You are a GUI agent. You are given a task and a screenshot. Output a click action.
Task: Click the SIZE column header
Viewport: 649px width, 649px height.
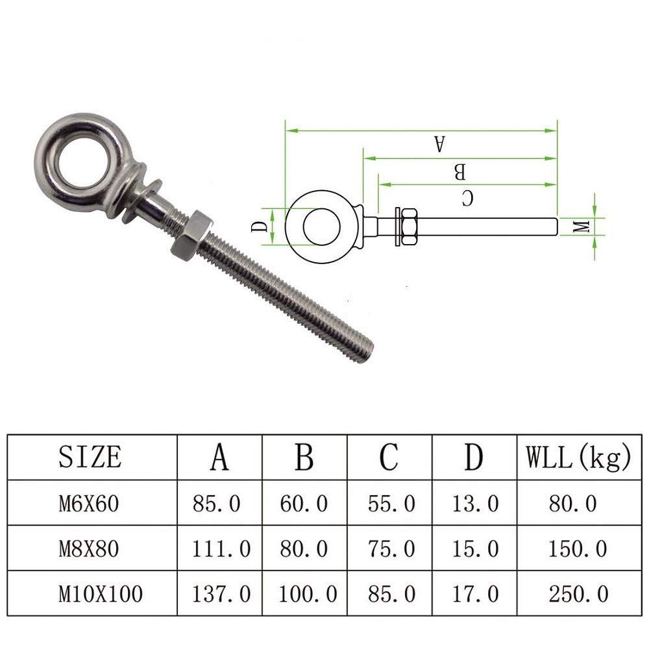(90, 457)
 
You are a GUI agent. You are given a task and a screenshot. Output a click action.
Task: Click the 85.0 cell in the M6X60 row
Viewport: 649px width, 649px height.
(217, 502)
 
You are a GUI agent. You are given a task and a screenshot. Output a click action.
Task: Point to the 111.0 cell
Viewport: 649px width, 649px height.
(221, 548)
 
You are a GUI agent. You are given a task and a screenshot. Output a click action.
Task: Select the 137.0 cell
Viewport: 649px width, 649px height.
(221, 594)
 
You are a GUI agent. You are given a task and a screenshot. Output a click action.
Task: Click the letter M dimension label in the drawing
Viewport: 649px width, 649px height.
(582, 226)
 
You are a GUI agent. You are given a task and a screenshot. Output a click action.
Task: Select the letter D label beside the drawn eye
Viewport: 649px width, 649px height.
(258, 227)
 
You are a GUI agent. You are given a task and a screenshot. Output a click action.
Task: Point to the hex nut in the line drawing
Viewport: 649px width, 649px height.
(410, 227)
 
